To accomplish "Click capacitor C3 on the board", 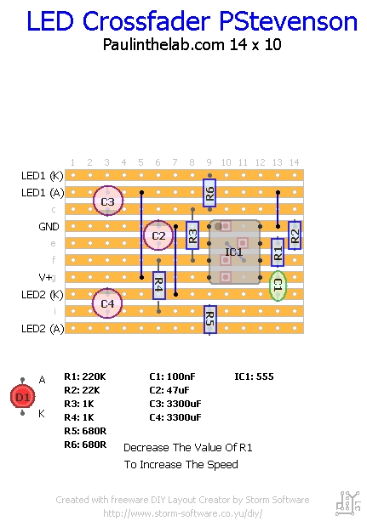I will click(x=107, y=201).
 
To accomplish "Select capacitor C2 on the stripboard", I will click(x=158, y=235).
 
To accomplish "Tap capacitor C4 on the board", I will click(x=107, y=303).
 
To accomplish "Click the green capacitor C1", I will click(x=277, y=286).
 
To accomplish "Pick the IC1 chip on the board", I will click(x=234, y=252).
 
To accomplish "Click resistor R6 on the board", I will click(x=209, y=193).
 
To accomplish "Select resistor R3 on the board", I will click(x=192, y=235).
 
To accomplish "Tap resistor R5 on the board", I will click(x=209, y=320).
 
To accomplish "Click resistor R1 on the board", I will click(x=278, y=252).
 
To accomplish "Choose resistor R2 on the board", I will click(x=295, y=235).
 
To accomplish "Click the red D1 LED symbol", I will click(x=23, y=397).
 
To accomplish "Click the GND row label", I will click(x=49, y=227).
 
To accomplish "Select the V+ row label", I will click(x=46, y=277).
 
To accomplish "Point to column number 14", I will click(x=295, y=162).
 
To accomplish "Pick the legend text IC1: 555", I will click(x=254, y=377).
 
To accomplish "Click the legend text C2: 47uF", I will click(x=169, y=390).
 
